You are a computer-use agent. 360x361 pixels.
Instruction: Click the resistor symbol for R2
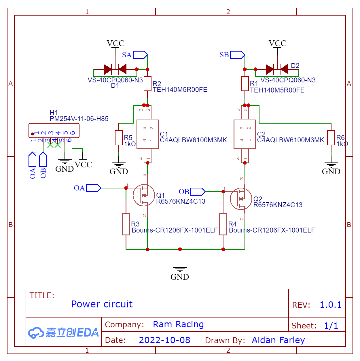pos(147,84)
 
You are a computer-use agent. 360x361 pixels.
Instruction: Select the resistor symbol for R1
pos(245,84)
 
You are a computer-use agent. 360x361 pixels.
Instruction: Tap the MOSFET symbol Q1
pos(144,195)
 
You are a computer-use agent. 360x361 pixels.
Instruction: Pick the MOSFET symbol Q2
pos(241,199)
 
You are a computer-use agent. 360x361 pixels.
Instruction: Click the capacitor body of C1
pos(147,134)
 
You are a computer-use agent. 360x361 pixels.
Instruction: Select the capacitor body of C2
pos(245,134)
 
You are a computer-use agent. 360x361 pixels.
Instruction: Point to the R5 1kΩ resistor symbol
pos(119,138)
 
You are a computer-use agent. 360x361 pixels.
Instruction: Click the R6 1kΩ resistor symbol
pos(331,138)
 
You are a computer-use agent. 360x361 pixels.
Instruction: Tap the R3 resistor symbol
pos(126,224)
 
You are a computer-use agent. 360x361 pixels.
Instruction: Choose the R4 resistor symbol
pos(223,224)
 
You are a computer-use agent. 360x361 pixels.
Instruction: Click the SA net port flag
pos(140,55)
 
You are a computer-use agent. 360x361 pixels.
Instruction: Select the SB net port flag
pos(237,55)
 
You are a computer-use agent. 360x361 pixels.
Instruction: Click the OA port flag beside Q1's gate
pos(93,188)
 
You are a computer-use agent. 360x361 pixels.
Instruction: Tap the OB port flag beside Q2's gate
pos(198,192)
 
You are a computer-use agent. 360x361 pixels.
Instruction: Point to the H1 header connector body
pos(54,131)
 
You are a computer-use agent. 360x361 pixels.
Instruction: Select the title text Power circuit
pos(102,304)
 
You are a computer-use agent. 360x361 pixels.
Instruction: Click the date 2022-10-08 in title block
pos(164,340)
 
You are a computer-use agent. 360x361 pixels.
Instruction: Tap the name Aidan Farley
pos(278,340)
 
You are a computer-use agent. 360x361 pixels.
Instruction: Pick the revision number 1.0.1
pos(331,305)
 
